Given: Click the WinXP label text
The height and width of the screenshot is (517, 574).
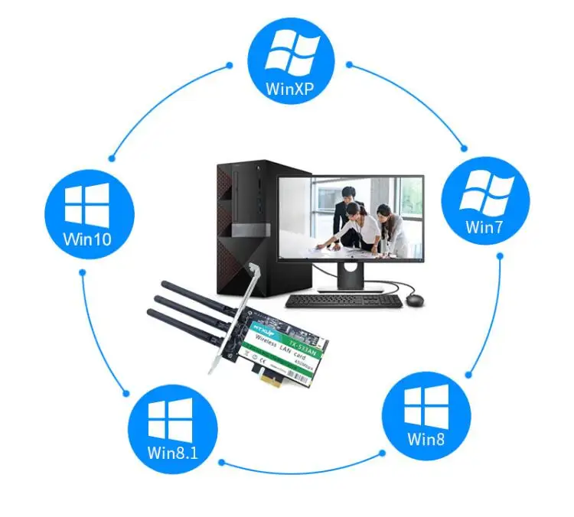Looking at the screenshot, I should [290, 87].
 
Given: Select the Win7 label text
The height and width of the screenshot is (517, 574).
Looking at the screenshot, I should [485, 226].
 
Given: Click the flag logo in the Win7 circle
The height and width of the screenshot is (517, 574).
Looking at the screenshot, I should [485, 191].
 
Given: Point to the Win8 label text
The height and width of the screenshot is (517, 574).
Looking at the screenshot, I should [426, 439].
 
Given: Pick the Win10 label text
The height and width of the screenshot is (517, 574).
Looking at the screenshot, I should [86, 239].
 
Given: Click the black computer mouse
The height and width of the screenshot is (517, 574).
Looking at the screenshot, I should [416, 298].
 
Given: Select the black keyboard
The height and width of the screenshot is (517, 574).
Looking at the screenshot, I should [344, 300].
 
